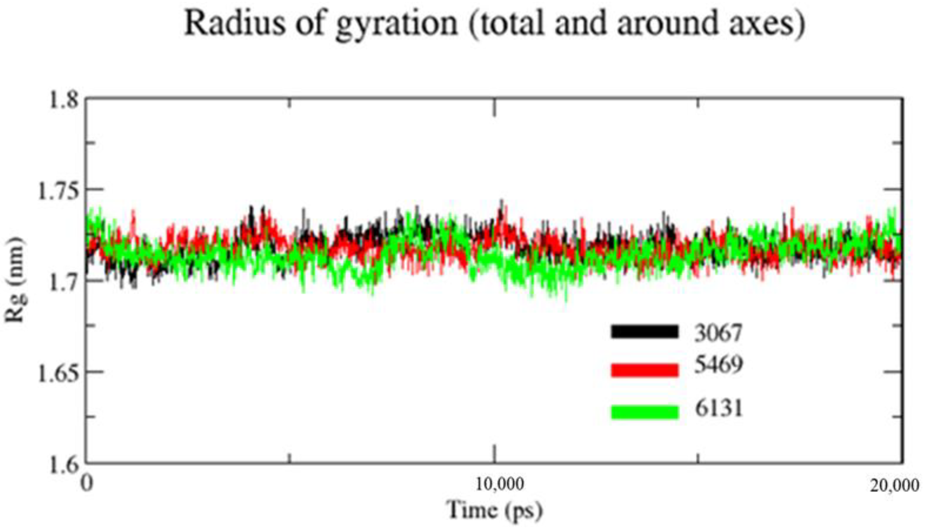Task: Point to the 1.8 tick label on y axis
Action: click(63, 99)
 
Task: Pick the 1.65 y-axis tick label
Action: click(58, 374)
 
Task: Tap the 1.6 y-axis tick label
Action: click(63, 465)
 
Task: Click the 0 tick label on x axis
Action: click(87, 483)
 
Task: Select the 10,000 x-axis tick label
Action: click(499, 484)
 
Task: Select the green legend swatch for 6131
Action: click(645, 412)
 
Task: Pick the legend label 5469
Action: click(718, 365)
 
